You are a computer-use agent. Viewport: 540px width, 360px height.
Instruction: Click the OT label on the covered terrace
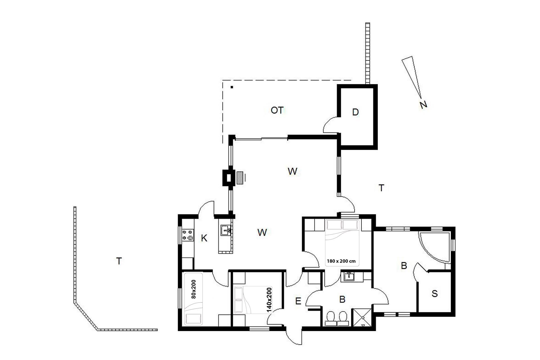click(277, 110)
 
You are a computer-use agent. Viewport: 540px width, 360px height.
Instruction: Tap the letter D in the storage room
click(355, 112)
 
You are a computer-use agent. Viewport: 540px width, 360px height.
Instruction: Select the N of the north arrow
click(423, 105)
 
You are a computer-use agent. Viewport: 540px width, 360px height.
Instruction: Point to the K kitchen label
click(204, 238)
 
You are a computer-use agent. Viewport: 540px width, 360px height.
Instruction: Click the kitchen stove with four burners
click(188, 235)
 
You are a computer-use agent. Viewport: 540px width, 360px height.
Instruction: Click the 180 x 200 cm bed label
click(341, 261)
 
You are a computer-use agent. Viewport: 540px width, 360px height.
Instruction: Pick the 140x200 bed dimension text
click(269, 300)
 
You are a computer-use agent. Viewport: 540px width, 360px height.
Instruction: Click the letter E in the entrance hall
click(298, 301)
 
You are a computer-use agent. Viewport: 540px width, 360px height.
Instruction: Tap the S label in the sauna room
click(435, 294)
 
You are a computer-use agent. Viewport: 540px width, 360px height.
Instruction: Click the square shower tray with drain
click(362, 318)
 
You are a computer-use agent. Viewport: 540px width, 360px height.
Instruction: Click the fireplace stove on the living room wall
click(228, 177)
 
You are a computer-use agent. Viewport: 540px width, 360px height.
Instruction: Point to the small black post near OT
click(232, 87)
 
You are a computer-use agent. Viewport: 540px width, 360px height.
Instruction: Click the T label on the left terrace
click(119, 261)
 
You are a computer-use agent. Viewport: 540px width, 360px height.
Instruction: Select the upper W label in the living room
click(292, 171)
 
